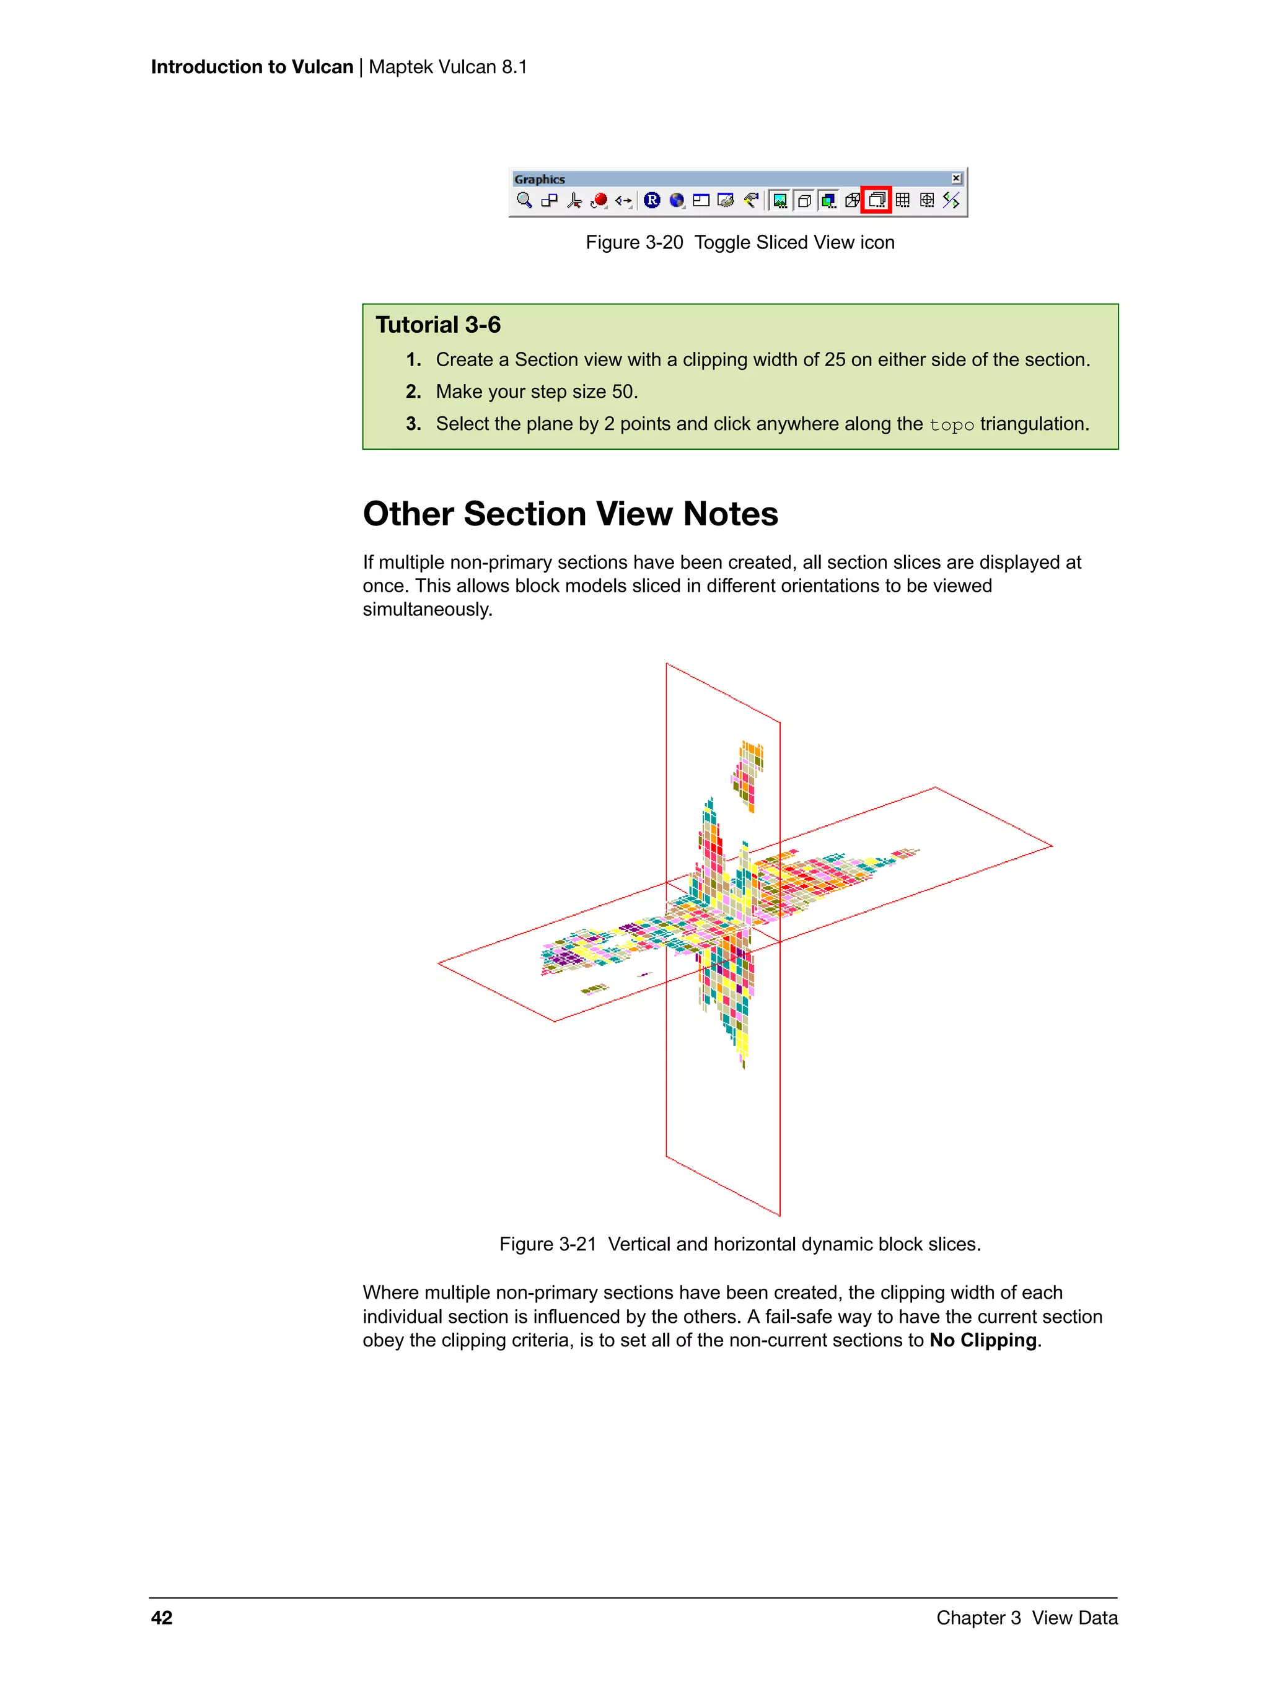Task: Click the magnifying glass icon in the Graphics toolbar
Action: point(524,200)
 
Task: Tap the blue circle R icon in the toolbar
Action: point(651,200)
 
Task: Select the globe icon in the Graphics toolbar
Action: point(677,200)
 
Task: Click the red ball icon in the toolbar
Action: point(599,200)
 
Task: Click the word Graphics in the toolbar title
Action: point(539,180)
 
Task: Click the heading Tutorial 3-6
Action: point(437,325)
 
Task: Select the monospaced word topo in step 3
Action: point(951,424)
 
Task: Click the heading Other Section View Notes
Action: point(569,514)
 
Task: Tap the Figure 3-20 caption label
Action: point(634,243)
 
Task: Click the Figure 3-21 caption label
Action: point(548,1244)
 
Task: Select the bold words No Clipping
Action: point(983,1340)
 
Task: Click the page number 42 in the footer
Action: point(162,1618)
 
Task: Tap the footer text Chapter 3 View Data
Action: point(1026,1618)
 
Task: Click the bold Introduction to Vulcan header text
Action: point(252,67)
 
